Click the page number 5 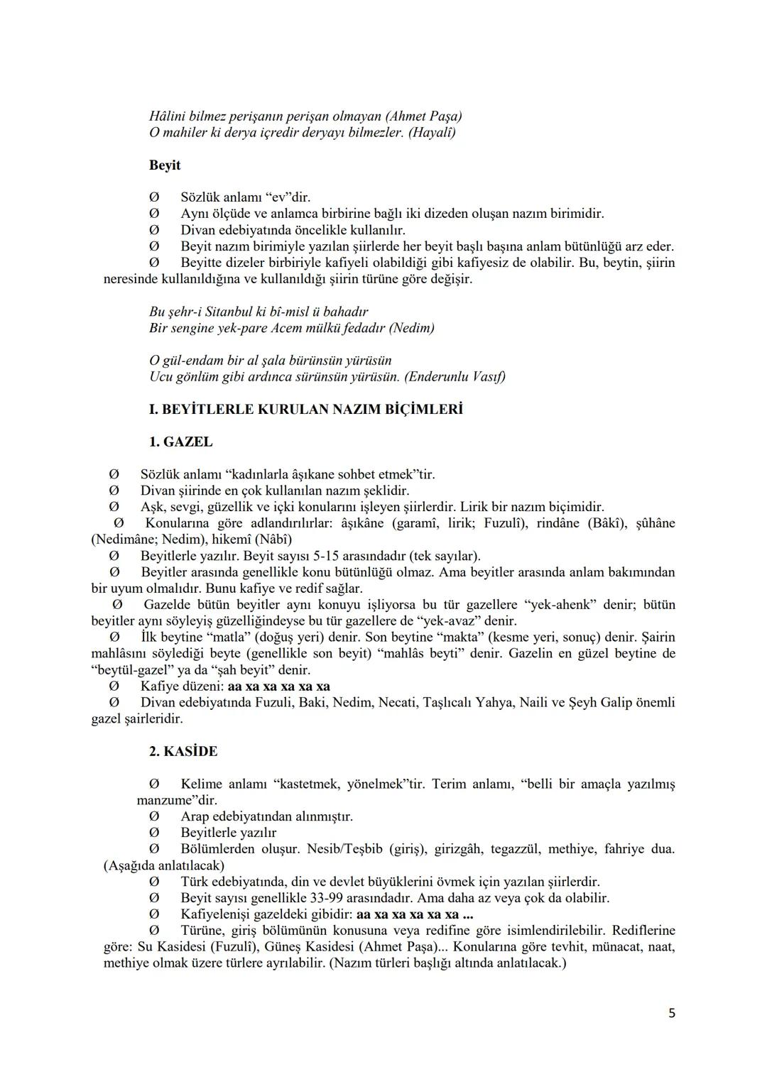671,1014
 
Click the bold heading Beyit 165,165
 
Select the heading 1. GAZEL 180,442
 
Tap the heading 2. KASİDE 183,751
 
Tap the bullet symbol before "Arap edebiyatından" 153,816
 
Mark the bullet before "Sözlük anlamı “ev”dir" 153,197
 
